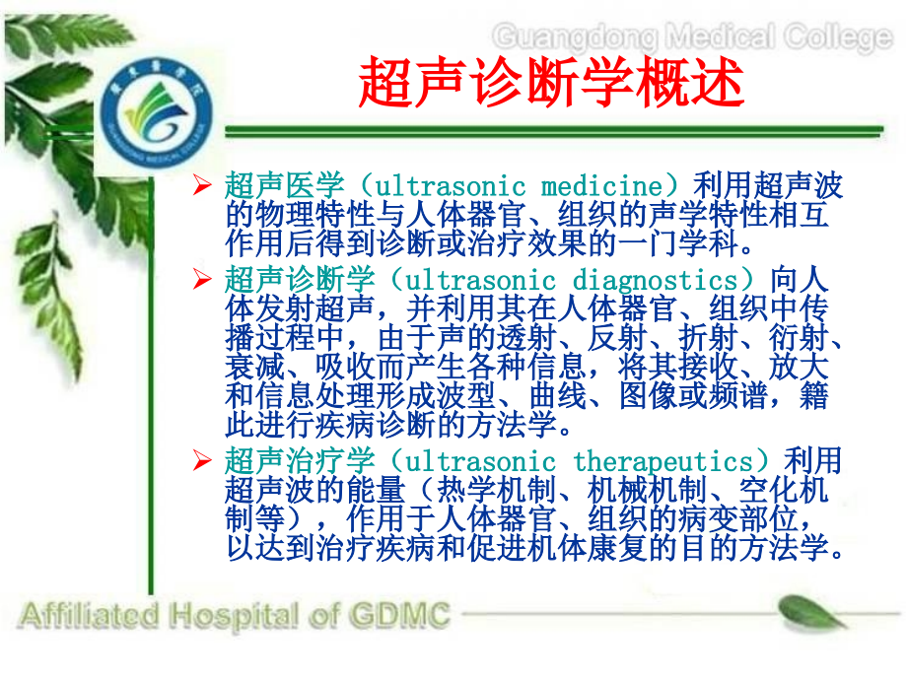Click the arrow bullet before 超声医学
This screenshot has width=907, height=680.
click(x=203, y=185)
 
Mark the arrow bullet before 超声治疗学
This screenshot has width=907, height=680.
click(x=203, y=461)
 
